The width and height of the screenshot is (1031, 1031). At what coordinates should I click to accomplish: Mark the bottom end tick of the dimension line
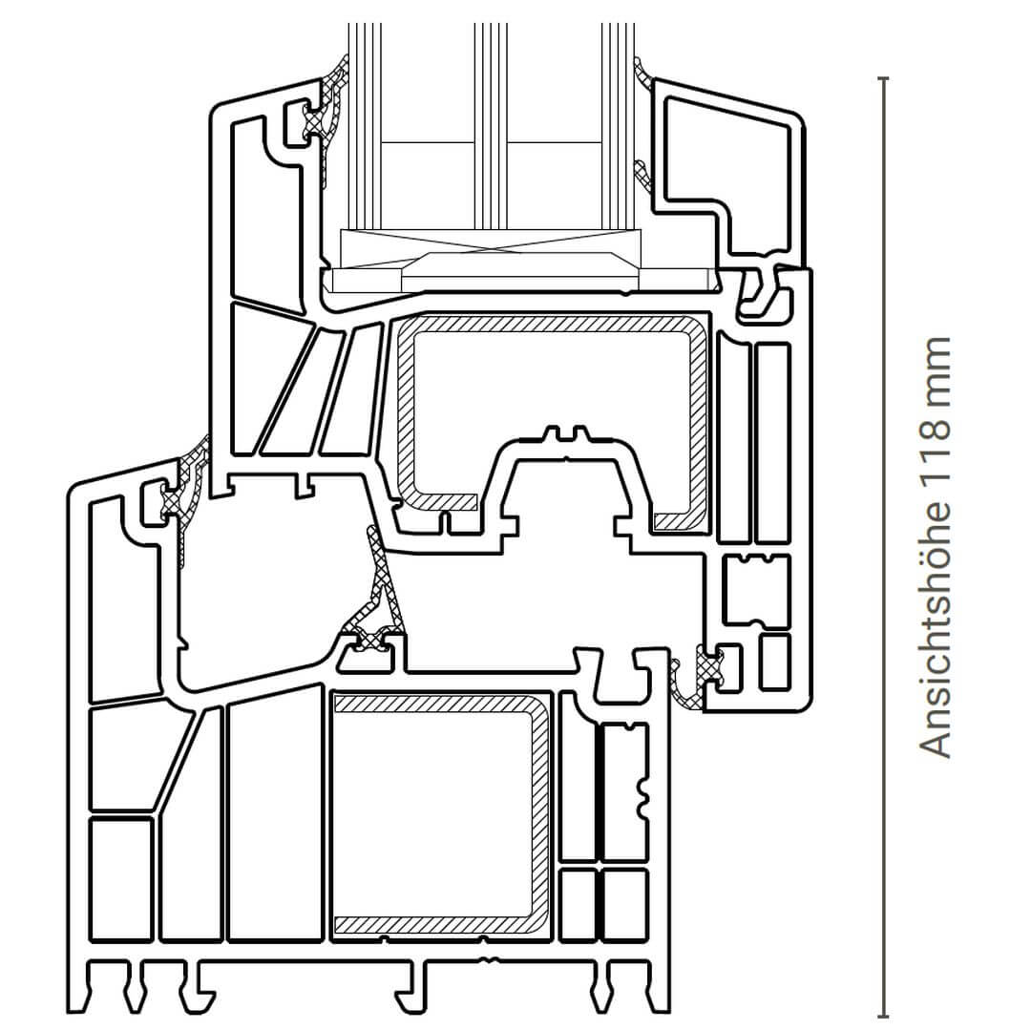(883, 1017)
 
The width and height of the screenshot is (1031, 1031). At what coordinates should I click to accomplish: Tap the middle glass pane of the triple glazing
(491, 126)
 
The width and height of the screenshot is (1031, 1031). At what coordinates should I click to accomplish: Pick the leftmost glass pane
(365, 126)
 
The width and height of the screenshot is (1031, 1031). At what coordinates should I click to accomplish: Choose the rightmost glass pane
(618, 126)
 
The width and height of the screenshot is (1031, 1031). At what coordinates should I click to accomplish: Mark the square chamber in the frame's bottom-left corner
(121, 878)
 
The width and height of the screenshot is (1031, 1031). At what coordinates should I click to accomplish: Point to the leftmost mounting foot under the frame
(105, 986)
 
